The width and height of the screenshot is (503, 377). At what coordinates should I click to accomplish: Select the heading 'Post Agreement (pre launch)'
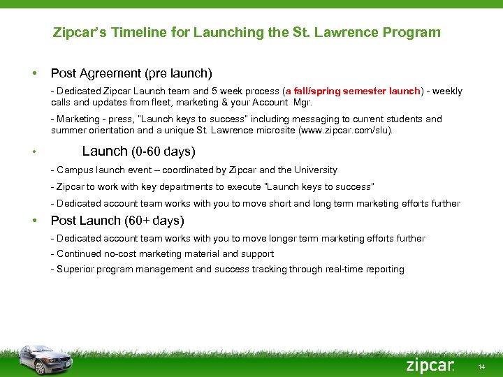tap(131, 73)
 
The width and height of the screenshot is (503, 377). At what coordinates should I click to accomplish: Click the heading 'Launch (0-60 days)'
tap(138, 151)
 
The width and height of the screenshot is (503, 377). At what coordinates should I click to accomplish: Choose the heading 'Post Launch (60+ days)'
tap(117, 221)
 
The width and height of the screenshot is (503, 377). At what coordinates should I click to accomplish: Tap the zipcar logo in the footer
tap(429, 365)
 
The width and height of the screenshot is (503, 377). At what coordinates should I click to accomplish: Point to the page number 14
tap(482, 367)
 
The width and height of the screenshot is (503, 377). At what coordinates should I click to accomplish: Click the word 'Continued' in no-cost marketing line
tap(80, 254)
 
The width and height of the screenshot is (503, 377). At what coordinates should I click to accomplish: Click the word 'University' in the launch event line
tap(314, 170)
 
